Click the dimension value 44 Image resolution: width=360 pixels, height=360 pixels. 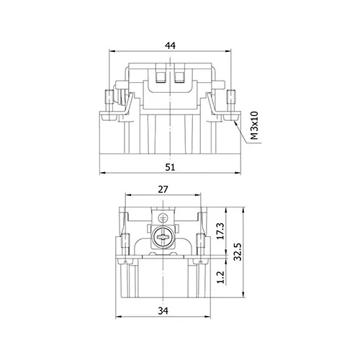(171, 45)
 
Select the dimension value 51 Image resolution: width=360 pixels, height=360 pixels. (170, 167)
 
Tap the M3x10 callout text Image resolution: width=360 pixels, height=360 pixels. (254, 125)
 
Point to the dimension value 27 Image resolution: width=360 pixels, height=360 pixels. (163, 189)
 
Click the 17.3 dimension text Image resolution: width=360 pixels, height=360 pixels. (220, 231)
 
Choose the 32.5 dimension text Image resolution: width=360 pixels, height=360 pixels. (238, 251)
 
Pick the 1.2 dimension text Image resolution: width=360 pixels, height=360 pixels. (220, 277)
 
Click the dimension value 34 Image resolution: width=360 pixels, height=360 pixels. (163, 311)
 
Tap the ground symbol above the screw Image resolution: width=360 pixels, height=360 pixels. (163, 218)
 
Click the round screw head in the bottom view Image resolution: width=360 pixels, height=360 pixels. (163, 237)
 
